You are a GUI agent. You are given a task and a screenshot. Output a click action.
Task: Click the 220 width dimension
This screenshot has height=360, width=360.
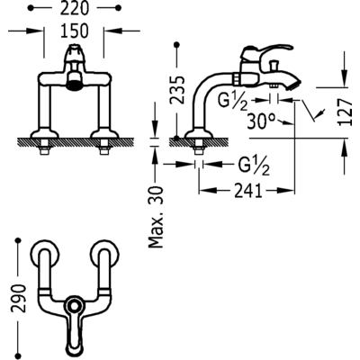(x=75, y=8)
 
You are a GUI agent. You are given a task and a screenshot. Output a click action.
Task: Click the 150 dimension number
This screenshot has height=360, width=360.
(x=75, y=31)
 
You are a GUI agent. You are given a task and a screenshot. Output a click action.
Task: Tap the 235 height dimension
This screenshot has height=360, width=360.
(x=177, y=89)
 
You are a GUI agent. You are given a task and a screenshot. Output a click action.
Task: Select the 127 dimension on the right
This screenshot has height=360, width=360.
(x=346, y=112)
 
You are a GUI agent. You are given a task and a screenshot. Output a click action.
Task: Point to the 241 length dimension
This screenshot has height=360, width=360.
(x=248, y=191)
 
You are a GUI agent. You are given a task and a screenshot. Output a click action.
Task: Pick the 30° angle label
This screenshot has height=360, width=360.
(x=261, y=122)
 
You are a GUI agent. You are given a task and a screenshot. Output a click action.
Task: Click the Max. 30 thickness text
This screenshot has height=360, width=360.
(x=156, y=217)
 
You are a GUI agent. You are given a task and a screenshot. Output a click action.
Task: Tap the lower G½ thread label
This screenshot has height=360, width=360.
(x=254, y=166)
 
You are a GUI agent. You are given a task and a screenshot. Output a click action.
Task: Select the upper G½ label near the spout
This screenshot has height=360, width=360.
(x=232, y=102)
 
